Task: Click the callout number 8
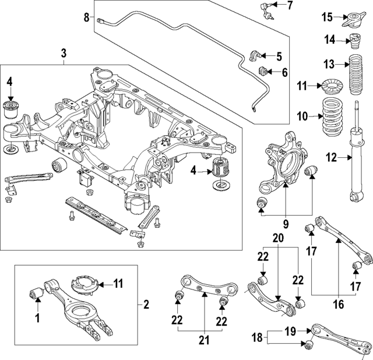(x=86, y=17)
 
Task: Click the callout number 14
(x=330, y=40)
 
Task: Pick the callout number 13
(x=330, y=63)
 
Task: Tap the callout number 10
(x=302, y=117)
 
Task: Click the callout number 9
(x=285, y=222)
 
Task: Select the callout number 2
(x=146, y=303)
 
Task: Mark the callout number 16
(x=339, y=303)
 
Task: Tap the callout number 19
(x=289, y=333)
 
